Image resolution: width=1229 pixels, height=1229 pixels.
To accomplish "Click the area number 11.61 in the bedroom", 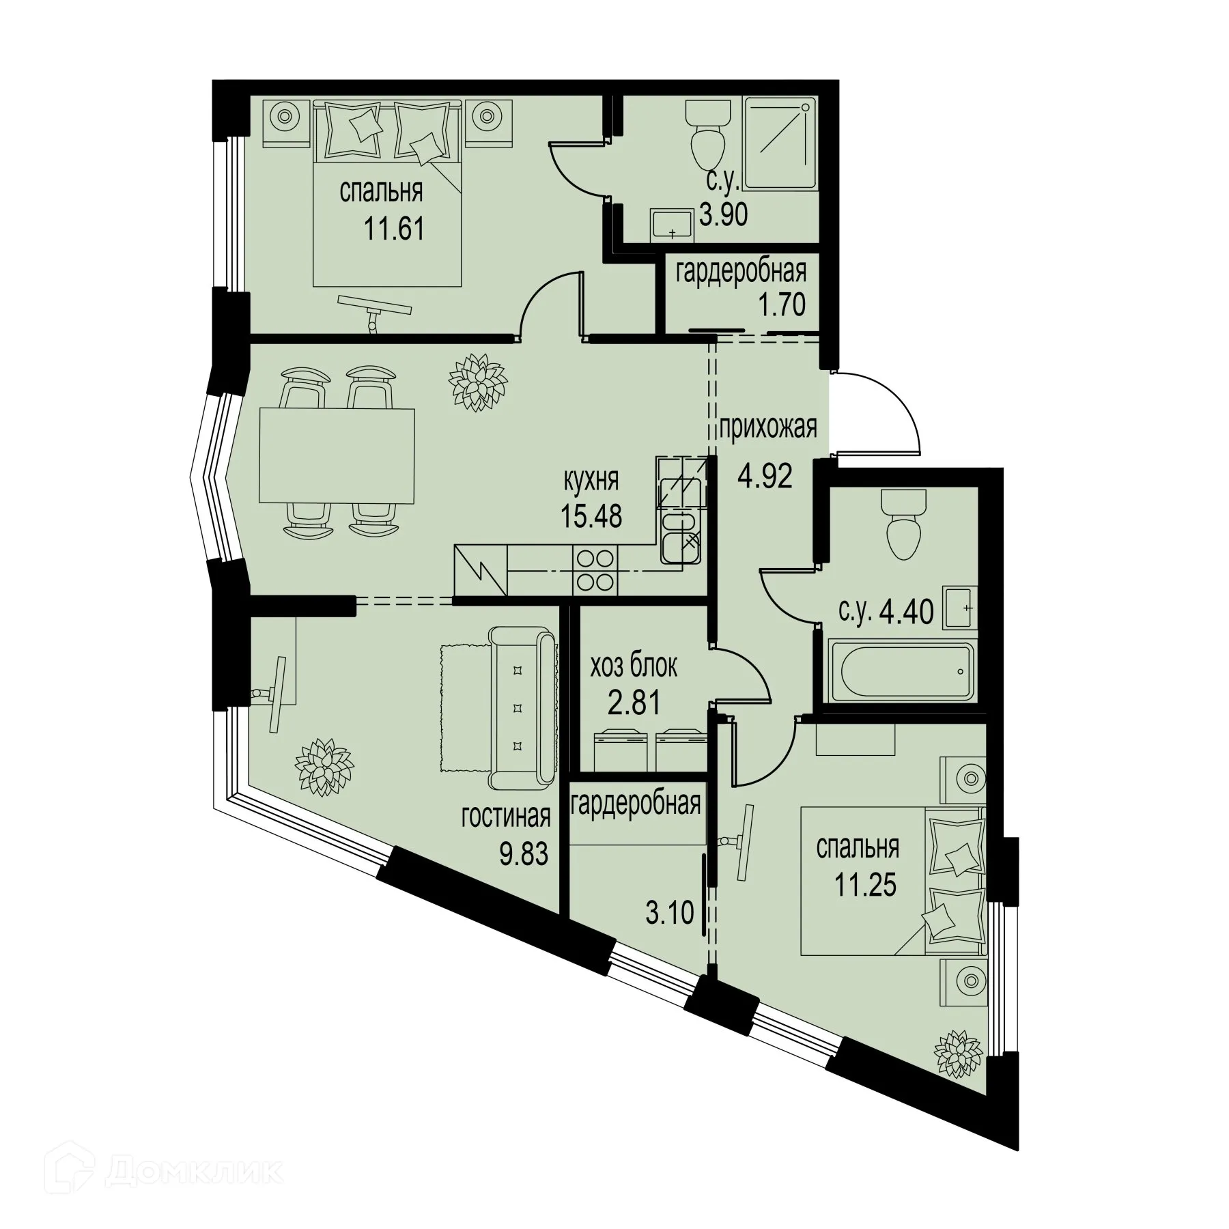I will tap(394, 229).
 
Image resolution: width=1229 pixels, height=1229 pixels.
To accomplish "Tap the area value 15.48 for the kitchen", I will tap(591, 516).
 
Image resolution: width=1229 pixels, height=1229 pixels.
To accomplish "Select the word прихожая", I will tap(768, 429).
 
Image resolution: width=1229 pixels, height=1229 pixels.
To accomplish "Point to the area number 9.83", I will tap(524, 853).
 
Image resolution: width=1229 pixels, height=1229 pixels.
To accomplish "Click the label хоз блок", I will tap(634, 666).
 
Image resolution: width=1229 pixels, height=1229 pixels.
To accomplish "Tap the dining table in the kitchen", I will tap(337, 456).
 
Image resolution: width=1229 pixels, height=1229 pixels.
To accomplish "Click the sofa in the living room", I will tap(523, 707).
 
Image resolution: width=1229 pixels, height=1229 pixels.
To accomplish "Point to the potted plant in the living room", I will tap(325, 766).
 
